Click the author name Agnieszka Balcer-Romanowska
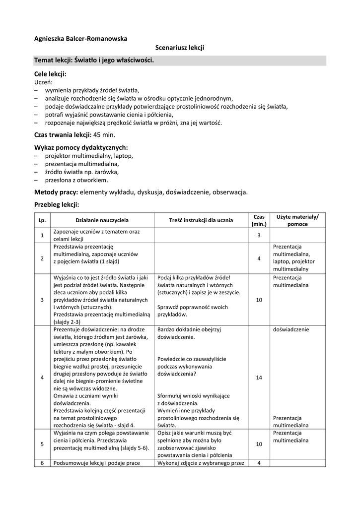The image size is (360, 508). point(80,38)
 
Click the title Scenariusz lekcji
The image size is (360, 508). point(180,48)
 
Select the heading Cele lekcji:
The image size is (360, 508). point(50,73)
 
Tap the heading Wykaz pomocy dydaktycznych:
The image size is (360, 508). point(81,147)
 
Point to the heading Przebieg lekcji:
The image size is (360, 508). point(57,204)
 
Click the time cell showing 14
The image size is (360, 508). point(259,378)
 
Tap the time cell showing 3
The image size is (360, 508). point(259,235)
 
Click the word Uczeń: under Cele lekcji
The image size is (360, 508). point(43,82)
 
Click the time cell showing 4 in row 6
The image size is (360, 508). point(259,463)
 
